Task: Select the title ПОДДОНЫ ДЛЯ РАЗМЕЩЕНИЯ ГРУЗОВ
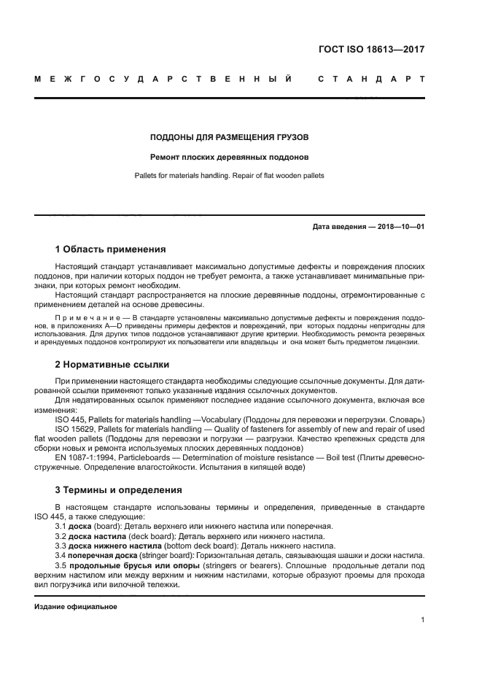229,136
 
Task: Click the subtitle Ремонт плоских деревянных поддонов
229,157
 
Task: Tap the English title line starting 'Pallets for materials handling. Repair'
229,176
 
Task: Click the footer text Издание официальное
75,606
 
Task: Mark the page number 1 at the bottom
422,620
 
